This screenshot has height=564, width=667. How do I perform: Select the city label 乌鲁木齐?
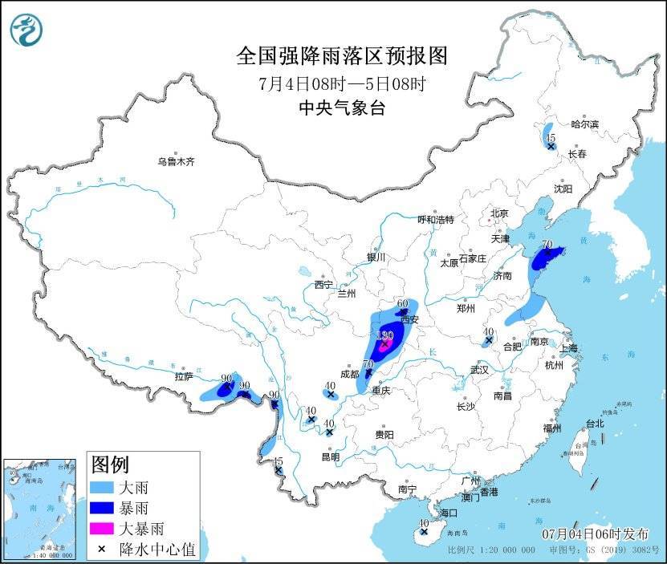[176, 161]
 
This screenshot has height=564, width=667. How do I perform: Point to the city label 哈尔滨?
[584, 124]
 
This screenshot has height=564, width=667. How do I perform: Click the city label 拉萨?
[184, 376]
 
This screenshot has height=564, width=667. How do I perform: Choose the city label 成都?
[349, 374]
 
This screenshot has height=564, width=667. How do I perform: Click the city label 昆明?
[330, 456]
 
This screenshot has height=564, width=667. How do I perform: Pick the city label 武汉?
[480, 370]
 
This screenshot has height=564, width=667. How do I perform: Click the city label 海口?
[448, 513]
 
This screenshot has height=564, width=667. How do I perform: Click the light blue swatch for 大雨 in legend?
[102, 487]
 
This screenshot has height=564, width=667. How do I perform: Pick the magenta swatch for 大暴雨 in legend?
[102, 529]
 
